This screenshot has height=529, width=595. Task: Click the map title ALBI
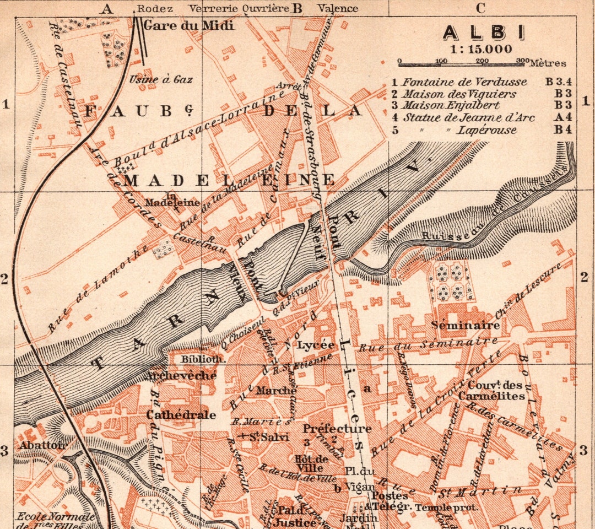click(x=483, y=33)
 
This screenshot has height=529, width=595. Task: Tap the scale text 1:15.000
click(x=480, y=48)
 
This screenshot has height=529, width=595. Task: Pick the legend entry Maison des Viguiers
click(x=459, y=94)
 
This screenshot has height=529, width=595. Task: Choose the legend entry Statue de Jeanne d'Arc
click(x=468, y=117)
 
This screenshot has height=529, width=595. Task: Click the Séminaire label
click(x=466, y=325)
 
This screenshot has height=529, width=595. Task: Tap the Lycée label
click(x=316, y=345)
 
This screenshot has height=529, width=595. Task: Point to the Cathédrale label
click(x=181, y=415)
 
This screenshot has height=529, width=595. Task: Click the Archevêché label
click(x=181, y=376)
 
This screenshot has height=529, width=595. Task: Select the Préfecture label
click(x=337, y=429)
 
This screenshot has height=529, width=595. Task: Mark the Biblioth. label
click(x=203, y=359)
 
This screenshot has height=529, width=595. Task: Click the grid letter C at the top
click(x=480, y=8)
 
